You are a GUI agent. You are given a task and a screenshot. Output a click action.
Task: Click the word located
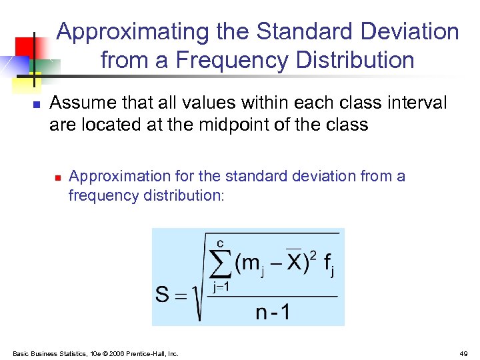(111, 124)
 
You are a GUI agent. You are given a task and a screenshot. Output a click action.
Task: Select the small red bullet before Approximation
(58, 177)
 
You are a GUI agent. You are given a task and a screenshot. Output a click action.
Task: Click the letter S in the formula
(162, 294)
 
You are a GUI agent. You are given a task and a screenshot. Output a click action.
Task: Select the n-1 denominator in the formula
(273, 312)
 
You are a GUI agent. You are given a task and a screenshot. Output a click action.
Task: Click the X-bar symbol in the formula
(293, 264)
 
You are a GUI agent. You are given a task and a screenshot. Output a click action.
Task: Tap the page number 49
(463, 353)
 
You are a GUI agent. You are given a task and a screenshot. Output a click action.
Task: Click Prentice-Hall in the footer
(152, 353)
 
